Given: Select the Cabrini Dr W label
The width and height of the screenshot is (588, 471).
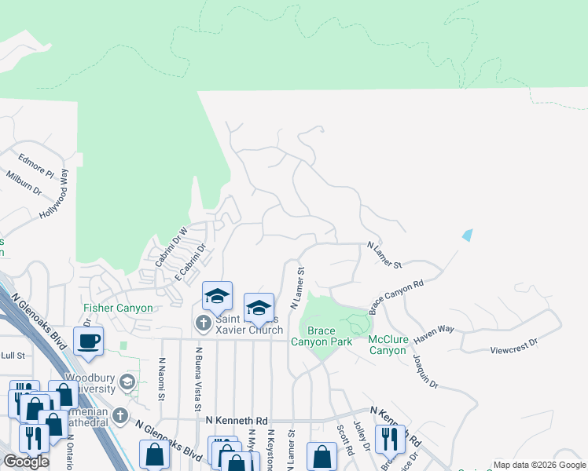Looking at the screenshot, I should coord(171,246).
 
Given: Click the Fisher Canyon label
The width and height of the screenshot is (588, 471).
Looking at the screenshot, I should coord(119,309).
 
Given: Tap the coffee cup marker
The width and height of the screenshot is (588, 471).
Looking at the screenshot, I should coord(88,341).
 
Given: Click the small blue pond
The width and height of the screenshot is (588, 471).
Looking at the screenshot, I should coord(469,235).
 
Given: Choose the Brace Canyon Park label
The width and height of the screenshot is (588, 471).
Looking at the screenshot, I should coord(322,335).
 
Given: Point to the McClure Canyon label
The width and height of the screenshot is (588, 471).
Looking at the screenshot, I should coord(387,345).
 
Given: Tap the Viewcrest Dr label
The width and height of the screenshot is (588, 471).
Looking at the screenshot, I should coord(513,343).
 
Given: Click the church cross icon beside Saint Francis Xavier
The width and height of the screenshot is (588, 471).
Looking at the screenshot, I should coord(203,323).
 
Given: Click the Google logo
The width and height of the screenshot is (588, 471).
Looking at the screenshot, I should coord(25,462).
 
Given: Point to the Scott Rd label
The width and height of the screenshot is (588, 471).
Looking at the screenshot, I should coord(342,438).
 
